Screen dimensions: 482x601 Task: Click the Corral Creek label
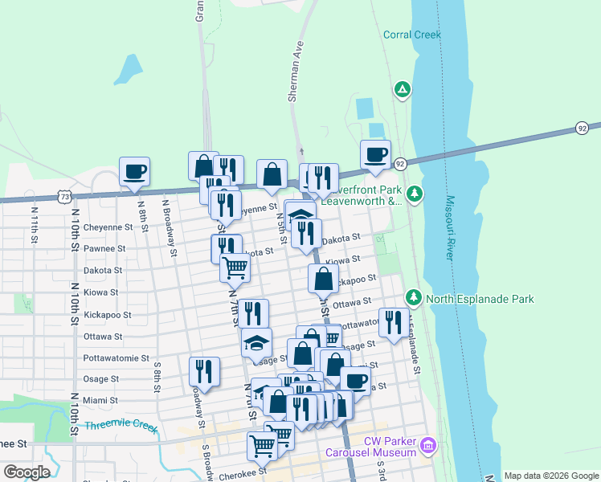[x=413, y=35]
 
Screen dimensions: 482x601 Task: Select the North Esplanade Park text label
[x=480, y=299]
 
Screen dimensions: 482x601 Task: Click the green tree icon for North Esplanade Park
[x=414, y=298]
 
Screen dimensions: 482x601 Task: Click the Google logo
[x=27, y=472]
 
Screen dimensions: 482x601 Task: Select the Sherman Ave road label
[x=295, y=71]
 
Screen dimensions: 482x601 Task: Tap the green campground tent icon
[x=402, y=88]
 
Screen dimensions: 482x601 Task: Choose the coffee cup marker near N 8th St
[x=134, y=171]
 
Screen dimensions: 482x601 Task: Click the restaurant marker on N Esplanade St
[x=391, y=322]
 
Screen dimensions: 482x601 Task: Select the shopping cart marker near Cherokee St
[x=262, y=445]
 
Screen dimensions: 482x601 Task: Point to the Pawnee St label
[x=104, y=249]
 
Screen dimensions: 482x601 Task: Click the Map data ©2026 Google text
[x=551, y=476]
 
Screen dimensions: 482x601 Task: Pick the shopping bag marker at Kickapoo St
[x=323, y=279]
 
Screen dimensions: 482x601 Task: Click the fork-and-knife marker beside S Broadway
[x=204, y=371]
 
